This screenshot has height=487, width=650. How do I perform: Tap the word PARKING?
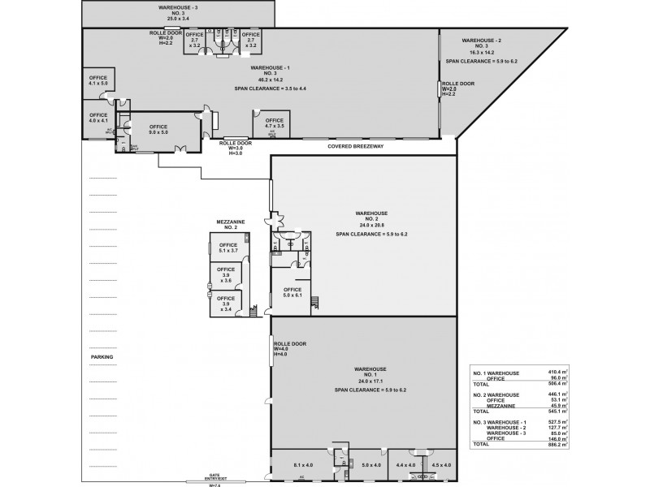click(102, 356)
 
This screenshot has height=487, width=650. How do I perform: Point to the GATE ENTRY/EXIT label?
click(214, 478)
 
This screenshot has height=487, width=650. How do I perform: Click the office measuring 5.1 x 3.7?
click(228, 248)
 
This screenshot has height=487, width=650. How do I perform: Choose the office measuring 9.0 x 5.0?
click(158, 128)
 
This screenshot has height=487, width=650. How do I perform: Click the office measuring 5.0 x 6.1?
click(292, 292)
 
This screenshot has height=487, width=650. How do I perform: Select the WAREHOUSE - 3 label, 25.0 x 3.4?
click(177, 11)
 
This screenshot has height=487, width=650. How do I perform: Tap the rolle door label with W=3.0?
click(236, 148)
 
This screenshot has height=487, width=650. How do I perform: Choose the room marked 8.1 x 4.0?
click(302, 465)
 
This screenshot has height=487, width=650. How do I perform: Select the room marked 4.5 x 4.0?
click(440, 465)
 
